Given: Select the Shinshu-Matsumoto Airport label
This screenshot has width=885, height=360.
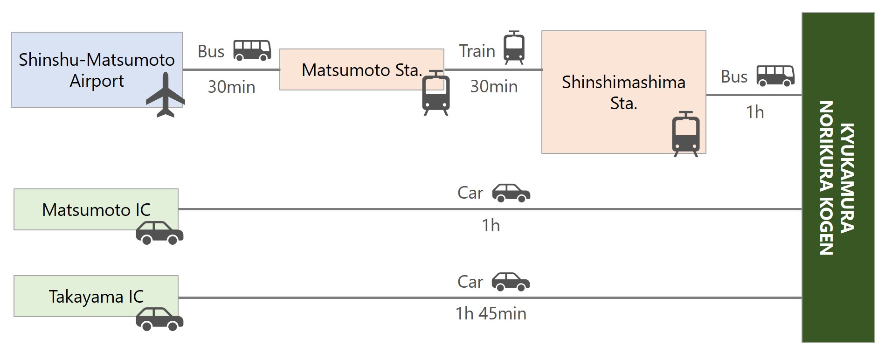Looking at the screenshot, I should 97,70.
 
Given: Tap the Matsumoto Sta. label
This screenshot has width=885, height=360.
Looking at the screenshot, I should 362,70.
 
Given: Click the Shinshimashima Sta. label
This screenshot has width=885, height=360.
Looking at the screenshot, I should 623,92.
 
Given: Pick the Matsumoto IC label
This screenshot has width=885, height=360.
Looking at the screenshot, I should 97,210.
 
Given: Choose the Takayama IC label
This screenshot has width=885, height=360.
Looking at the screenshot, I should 97,297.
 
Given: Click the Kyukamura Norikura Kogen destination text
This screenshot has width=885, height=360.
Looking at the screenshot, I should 837,178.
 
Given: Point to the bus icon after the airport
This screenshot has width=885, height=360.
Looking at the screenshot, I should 252,50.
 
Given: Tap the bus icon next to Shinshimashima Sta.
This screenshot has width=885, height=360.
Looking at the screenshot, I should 775,76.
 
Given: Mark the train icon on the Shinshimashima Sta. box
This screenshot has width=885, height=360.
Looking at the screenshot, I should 685,134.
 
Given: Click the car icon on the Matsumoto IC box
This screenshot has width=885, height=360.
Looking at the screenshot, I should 159,233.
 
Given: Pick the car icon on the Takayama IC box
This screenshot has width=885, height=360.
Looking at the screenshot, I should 159,319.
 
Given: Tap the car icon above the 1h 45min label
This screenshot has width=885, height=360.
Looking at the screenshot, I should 511,282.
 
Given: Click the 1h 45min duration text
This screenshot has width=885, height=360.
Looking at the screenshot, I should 491,313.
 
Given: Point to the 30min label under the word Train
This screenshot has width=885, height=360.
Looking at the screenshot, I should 494,87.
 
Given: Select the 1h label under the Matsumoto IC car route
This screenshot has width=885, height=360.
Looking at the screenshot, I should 491,226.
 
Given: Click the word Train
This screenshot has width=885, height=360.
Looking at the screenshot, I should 477,51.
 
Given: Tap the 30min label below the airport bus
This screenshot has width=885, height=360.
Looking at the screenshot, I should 231,87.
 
